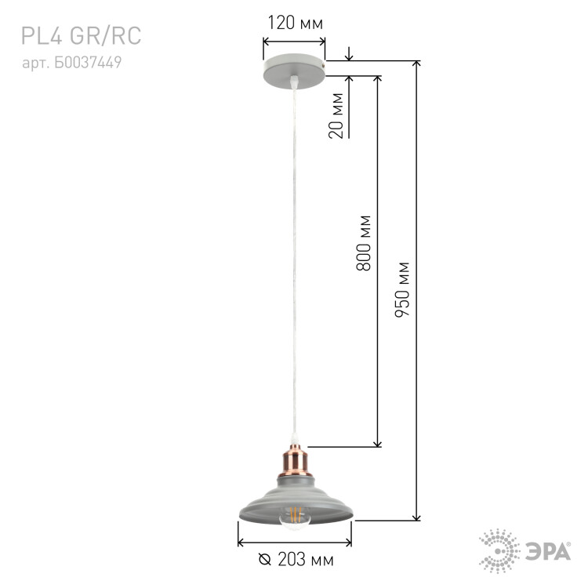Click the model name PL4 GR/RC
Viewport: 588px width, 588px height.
pos(81,36)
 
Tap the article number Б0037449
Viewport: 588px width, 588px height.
pos(88,63)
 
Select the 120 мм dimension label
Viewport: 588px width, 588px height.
pos(295,23)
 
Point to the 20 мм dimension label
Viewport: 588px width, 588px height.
pos(336,115)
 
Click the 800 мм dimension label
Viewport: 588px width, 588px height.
pos(363,243)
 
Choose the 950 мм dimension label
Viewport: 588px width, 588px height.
pos(402,289)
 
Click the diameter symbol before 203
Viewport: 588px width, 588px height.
pos(265,560)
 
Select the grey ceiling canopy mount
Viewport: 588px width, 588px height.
pos(294,71)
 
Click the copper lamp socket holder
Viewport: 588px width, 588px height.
pos(295,460)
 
